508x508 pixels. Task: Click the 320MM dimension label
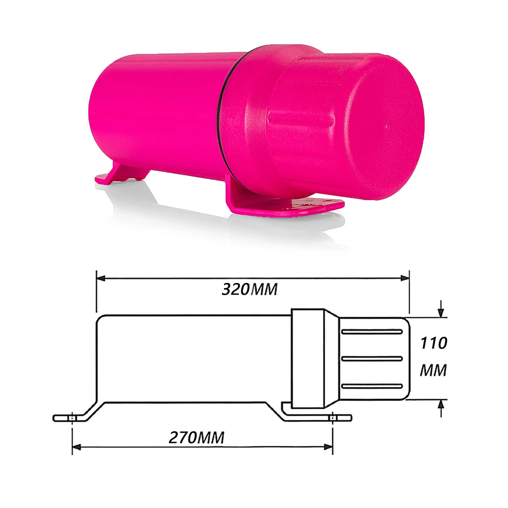point(249,290)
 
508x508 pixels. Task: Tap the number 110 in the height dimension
point(433,343)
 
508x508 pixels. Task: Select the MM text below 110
point(433,371)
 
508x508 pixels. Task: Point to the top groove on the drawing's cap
point(372,332)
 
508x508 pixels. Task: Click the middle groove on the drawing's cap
point(372,359)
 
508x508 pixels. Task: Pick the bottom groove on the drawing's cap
point(372,386)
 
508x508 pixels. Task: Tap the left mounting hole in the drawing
point(73,418)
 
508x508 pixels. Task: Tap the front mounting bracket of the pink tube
point(284,206)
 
